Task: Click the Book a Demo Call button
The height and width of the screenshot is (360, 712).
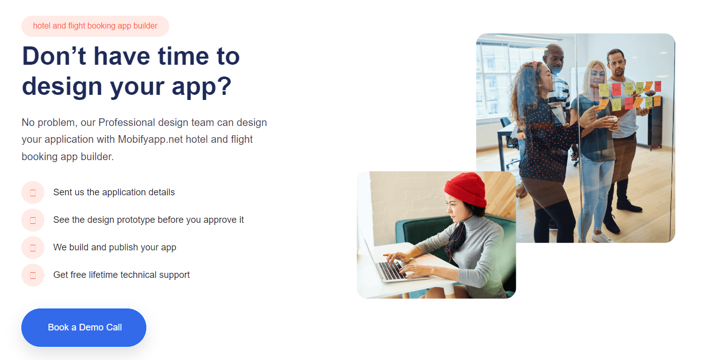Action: coord(84,327)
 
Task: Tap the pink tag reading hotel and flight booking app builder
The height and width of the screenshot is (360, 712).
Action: coord(95,26)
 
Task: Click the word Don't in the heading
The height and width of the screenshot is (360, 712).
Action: coord(54,56)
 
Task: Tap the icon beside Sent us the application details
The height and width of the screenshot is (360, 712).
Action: coord(33,192)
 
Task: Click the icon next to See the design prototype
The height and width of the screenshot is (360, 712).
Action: coord(33,220)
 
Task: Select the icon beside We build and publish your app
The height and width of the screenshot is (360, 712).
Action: coord(33,247)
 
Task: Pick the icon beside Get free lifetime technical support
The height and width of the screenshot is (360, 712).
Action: coord(33,275)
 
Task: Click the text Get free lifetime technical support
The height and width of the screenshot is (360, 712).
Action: coord(121,275)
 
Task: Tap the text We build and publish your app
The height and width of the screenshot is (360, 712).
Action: coord(115,247)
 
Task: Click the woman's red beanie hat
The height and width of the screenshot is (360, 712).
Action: coord(466,189)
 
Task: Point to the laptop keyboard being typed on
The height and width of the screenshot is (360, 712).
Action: coord(391,270)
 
